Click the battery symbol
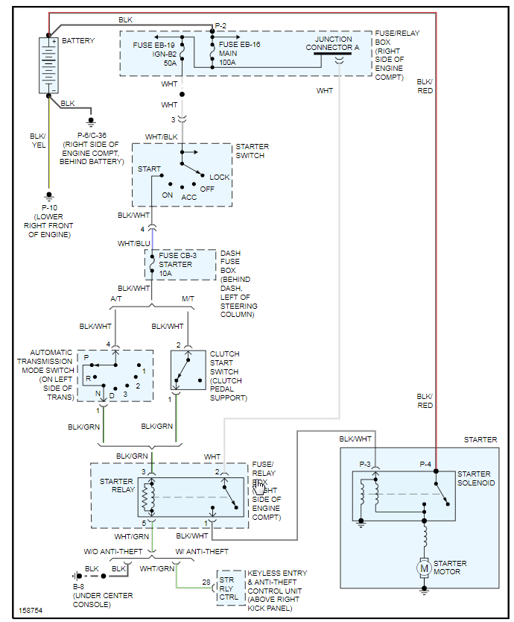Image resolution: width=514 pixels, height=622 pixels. pyautogui.click(x=49, y=65)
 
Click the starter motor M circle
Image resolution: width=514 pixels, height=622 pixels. pyautogui.click(x=424, y=568)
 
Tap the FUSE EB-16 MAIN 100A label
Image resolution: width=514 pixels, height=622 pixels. pyautogui.click(x=239, y=54)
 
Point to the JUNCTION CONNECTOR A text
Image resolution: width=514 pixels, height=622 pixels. pyautogui.click(x=337, y=43)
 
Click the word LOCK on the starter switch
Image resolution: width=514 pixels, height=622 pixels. pyautogui.click(x=220, y=178)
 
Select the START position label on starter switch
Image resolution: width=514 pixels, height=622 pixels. pyautogui.click(x=149, y=169)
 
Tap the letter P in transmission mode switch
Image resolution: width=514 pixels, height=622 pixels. pyautogui.click(x=86, y=359)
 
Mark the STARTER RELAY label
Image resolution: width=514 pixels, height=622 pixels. pyautogui.click(x=117, y=486)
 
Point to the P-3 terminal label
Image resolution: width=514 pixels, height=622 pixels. pyautogui.click(x=365, y=465)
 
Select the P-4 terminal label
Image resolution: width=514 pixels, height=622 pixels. pyautogui.click(x=425, y=465)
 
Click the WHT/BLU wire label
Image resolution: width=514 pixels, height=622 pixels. pyautogui.click(x=134, y=243)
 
